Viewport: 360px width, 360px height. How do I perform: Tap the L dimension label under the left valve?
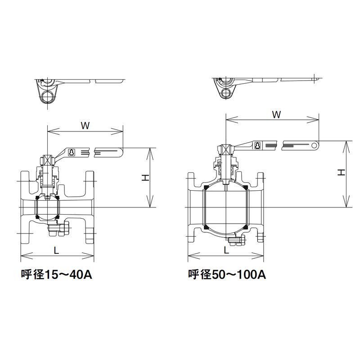[56, 252]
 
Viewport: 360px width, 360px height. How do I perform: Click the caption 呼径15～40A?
[56, 274]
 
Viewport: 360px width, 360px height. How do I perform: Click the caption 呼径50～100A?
[227, 274]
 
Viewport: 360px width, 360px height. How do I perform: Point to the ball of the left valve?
[47, 207]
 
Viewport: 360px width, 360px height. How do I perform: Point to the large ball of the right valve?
[225, 207]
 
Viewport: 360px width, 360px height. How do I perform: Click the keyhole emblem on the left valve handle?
[72, 153]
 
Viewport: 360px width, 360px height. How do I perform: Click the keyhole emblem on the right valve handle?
[257, 145]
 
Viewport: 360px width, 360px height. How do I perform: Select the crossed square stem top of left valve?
[47, 160]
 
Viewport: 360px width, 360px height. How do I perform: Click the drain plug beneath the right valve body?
[234, 242]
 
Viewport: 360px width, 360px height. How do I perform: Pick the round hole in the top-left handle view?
[47, 96]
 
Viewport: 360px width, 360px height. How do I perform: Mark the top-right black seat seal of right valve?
[245, 187]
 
